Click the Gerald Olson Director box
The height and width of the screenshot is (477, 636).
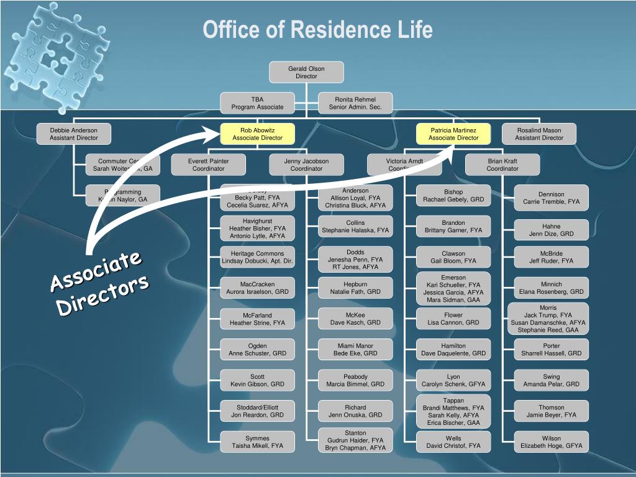pyautogui.click(x=306, y=72)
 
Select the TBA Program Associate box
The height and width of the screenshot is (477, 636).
pyautogui.click(x=257, y=103)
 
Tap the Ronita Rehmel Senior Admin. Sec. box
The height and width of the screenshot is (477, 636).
pyautogui.click(x=355, y=103)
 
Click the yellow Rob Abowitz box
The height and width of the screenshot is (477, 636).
pyautogui.click(x=257, y=134)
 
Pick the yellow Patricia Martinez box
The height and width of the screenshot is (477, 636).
pyautogui.click(x=453, y=134)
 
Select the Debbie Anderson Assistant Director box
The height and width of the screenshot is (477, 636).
pyautogui.click(x=74, y=134)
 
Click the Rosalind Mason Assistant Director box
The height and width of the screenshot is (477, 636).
pyautogui.click(x=539, y=134)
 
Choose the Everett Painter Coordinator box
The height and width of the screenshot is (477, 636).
pyautogui.click(x=208, y=165)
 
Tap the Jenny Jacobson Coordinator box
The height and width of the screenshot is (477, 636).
pyautogui.click(x=306, y=165)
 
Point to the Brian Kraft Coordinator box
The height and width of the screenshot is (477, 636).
pyautogui.click(x=502, y=165)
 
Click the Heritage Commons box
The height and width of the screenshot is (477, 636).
pyautogui.click(x=257, y=257)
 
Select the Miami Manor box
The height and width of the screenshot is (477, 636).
pyautogui.click(x=355, y=349)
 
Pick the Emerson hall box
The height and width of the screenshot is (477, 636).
pyautogui.click(x=453, y=288)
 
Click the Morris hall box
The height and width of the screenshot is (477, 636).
pyautogui.click(x=548, y=319)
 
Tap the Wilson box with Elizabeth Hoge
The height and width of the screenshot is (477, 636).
pyautogui.click(x=551, y=442)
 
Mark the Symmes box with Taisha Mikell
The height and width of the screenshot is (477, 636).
pyautogui.click(x=257, y=442)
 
